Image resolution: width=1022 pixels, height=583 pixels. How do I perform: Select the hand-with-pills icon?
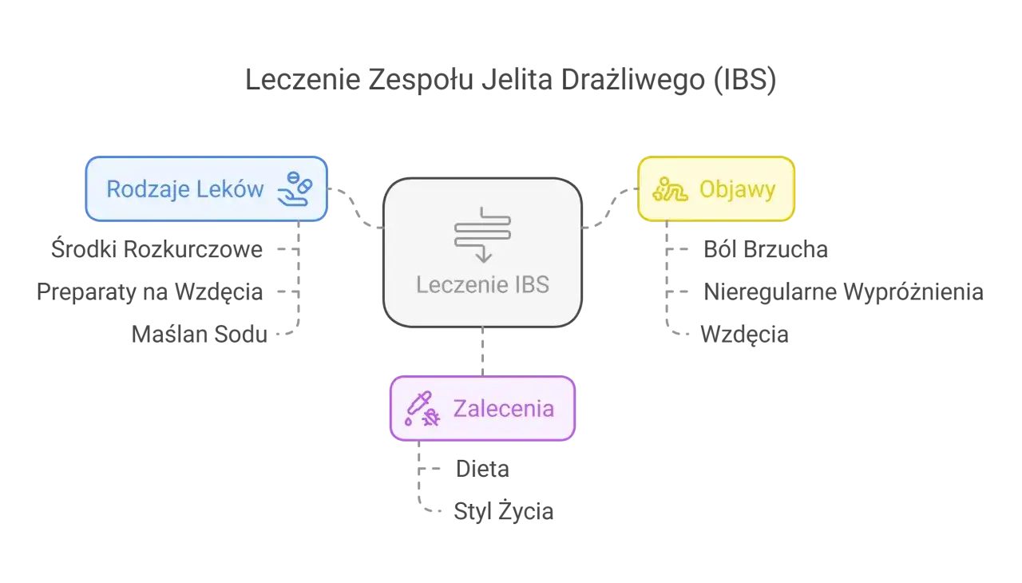click(294, 188)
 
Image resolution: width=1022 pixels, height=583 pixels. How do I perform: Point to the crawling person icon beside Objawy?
click(670, 189)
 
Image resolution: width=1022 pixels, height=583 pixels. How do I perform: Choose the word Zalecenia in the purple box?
click(503, 408)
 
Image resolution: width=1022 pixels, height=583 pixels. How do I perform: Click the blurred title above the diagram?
click(510, 81)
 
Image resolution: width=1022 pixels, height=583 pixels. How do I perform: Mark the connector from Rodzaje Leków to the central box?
click(356, 207)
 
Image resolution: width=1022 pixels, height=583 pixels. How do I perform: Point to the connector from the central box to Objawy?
click(608, 208)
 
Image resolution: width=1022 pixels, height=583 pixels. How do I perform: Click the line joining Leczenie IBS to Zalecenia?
click(482, 351)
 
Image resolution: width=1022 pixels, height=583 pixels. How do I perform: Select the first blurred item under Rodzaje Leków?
click(158, 250)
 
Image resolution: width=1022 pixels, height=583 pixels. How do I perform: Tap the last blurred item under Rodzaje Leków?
click(198, 334)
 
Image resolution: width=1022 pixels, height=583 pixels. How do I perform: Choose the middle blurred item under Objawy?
click(842, 291)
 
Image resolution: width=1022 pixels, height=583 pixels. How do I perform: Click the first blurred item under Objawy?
click(766, 250)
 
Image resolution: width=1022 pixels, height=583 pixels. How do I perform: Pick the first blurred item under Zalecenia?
click(481, 469)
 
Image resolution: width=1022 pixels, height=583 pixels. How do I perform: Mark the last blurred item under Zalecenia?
click(503, 512)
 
